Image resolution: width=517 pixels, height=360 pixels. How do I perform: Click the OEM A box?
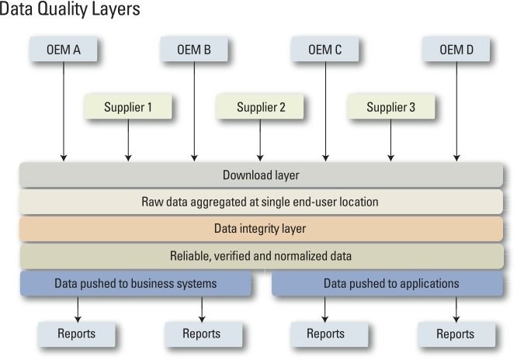pos(65,50)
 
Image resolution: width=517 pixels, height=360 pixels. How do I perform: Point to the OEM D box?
pos(456,50)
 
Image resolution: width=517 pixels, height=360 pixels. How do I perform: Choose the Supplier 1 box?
pos(128,107)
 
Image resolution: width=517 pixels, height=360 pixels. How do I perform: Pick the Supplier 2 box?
pos(260,107)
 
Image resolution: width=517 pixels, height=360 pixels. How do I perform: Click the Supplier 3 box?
pos(390,107)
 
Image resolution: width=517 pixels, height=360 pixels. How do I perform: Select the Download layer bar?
pos(261,175)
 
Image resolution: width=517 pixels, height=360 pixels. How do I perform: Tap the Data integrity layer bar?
pos(261,229)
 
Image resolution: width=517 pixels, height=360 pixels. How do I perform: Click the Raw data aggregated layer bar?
pos(261,202)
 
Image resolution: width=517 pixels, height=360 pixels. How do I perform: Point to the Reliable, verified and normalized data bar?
pos(261,256)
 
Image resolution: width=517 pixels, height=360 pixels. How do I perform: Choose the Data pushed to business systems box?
pos(136,284)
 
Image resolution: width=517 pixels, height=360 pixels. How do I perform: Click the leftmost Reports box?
pos(77,334)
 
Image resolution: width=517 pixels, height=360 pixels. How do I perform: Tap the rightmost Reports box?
pos(456,334)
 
